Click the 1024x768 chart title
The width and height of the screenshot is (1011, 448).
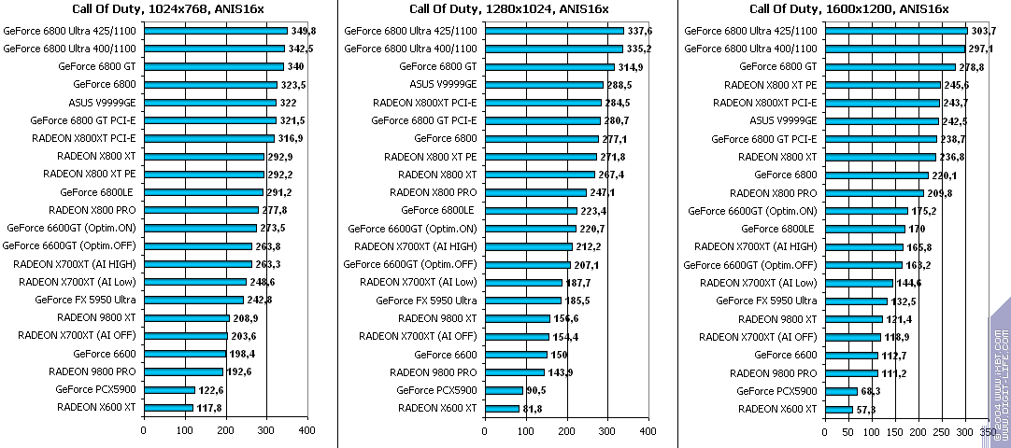[169, 9]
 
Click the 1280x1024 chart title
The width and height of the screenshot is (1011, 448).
[509, 9]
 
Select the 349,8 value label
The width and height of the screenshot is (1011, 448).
[305, 31]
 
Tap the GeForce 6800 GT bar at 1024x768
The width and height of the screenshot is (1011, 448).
[213, 66]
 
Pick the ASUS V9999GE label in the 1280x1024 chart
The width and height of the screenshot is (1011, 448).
[443, 84]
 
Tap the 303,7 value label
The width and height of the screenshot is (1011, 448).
[982, 31]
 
